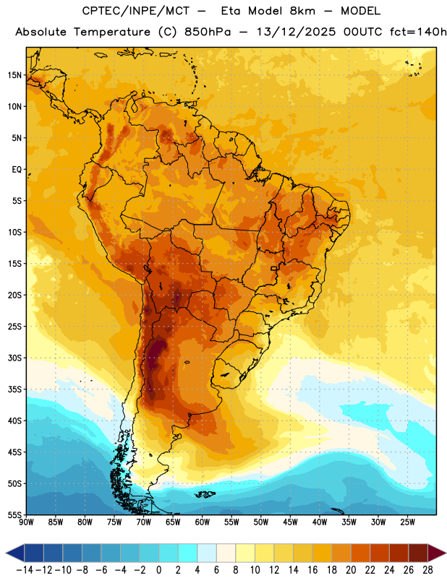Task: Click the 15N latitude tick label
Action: (x=14, y=75)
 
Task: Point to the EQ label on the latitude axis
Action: (x=17, y=170)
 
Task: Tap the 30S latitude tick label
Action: (x=14, y=358)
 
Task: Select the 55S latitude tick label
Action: (x=14, y=514)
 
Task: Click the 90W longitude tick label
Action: (x=26, y=522)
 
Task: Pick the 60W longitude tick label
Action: (x=203, y=522)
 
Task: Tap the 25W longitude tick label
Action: (x=408, y=522)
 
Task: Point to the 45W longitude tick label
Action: (x=291, y=522)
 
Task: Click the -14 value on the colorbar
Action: (x=25, y=570)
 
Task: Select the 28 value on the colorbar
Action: (x=427, y=570)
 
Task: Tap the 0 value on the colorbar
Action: (x=158, y=570)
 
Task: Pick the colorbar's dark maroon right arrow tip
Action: (x=446, y=553)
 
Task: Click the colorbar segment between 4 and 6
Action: (x=207, y=553)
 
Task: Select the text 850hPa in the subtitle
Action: (x=208, y=32)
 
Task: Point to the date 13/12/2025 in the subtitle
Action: (x=296, y=32)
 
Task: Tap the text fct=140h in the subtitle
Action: (x=418, y=32)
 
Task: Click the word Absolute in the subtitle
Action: (x=41, y=32)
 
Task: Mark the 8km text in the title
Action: (x=302, y=11)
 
